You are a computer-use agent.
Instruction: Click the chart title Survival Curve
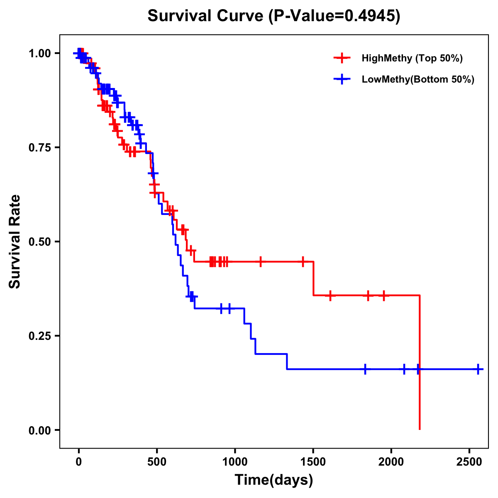tap(205, 16)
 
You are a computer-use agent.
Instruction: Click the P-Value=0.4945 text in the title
tap(334, 16)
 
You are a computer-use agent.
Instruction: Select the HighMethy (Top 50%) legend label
tap(412, 58)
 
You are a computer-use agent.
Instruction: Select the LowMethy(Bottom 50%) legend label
tap(418, 79)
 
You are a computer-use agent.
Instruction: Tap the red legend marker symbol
tap(342, 58)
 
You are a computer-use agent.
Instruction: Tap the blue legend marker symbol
tap(342, 79)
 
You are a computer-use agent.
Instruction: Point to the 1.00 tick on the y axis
tap(39, 53)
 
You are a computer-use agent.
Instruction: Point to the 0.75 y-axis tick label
tap(39, 147)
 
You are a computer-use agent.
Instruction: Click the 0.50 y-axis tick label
tap(39, 242)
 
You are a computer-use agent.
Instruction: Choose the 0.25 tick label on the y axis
tap(39, 336)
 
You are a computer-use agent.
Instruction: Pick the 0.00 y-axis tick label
tap(39, 430)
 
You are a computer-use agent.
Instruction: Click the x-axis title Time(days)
tap(274, 480)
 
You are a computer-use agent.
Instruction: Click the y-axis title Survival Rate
tap(15, 242)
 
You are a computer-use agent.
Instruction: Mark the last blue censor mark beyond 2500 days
tap(478, 369)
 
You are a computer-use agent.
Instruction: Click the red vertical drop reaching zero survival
tap(420, 373)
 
